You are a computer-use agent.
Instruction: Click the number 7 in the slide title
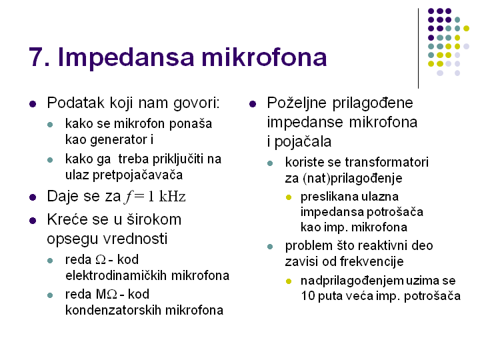36,57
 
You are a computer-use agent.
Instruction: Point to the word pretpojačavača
137,175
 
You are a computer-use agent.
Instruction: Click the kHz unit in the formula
173,197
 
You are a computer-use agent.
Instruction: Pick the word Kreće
67,219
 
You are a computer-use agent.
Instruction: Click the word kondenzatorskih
113,310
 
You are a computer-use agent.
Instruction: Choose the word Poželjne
297,103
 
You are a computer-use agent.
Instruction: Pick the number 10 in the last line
308,296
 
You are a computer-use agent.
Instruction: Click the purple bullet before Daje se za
33,197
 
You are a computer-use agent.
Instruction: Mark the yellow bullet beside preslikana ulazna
289,197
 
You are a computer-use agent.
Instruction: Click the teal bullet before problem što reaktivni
270,247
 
